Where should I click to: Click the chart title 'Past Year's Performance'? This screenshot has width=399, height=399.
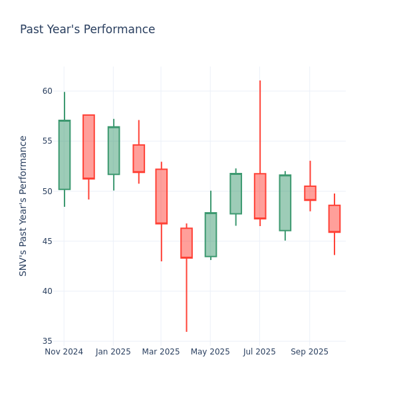point(87,30)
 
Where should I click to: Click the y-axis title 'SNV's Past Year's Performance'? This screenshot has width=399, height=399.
point(23,205)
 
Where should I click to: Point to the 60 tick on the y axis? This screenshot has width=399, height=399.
point(47,91)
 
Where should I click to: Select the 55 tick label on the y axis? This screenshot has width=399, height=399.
point(47,141)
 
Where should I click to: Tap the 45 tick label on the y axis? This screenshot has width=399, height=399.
point(47,241)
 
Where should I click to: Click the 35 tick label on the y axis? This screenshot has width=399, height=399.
point(47,341)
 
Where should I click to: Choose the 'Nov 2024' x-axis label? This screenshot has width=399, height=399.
point(64,352)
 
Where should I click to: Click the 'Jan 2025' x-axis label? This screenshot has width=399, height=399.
point(113,352)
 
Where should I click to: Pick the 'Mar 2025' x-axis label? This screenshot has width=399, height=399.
point(161,352)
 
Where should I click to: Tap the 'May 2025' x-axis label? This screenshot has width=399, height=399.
point(210,352)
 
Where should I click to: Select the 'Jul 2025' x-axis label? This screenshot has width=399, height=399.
point(259,352)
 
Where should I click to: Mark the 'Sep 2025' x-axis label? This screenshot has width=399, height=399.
point(309,352)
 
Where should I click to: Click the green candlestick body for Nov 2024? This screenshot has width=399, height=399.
point(65,155)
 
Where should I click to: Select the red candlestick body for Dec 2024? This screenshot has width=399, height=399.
point(88,147)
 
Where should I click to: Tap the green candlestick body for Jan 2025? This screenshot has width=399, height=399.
point(114,151)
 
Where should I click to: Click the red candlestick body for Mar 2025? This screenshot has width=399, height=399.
point(161,196)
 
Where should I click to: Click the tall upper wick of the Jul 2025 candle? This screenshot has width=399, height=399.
point(260,126)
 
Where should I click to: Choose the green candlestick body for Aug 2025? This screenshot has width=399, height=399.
point(285,203)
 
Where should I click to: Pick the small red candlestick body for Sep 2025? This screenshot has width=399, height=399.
point(310,193)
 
